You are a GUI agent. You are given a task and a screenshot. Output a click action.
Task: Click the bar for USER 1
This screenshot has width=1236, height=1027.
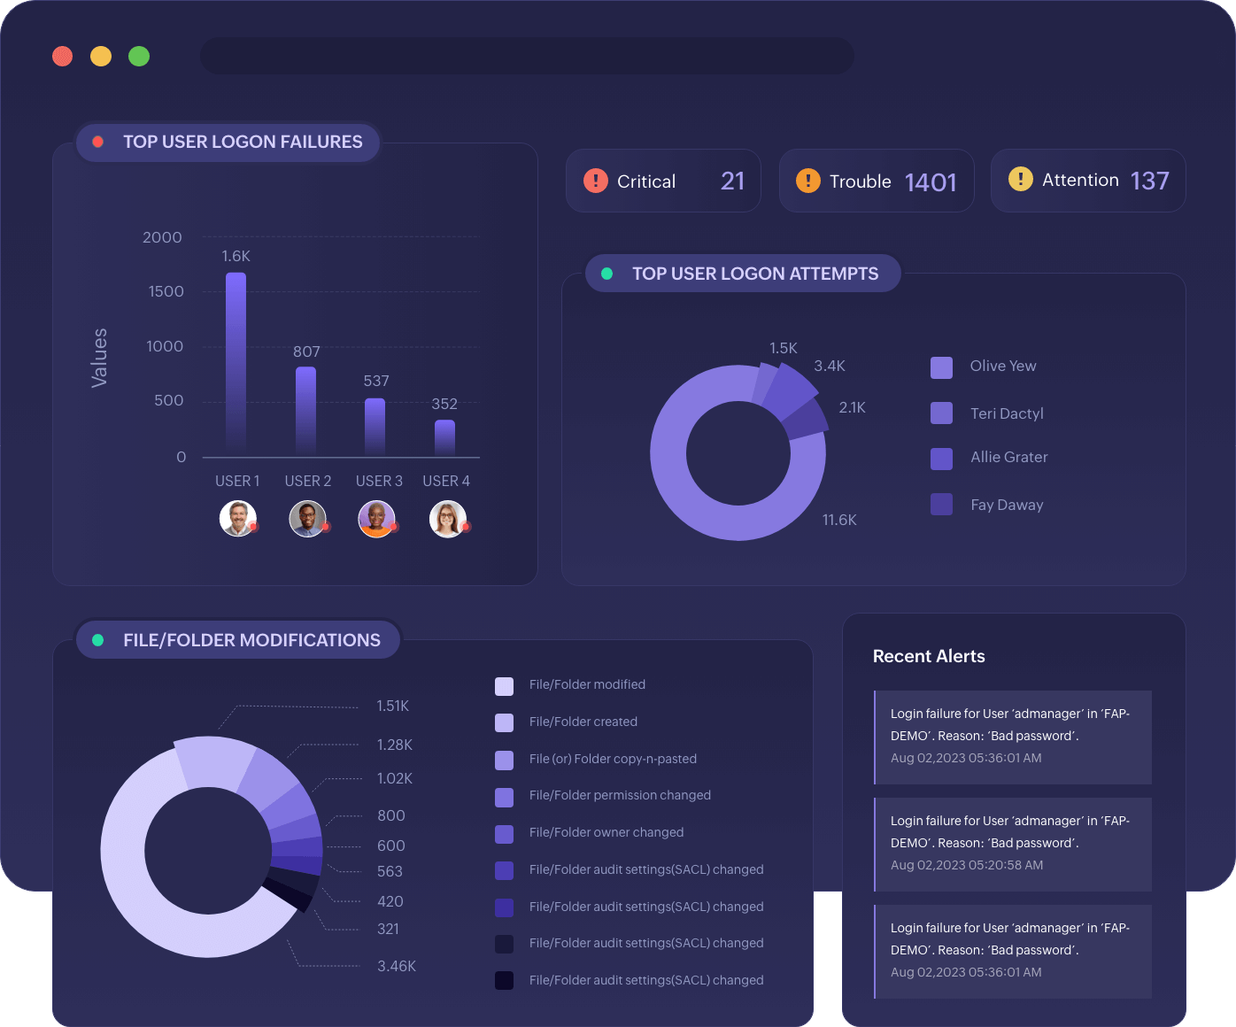click(236, 363)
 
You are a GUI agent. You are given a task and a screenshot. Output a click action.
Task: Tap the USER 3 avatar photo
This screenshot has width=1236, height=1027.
click(376, 519)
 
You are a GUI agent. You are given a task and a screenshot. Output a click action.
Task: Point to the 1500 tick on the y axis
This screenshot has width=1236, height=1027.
click(166, 291)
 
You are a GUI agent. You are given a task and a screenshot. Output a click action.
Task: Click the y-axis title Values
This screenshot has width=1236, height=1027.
click(99, 358)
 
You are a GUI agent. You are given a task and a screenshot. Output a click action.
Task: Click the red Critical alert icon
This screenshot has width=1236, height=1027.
click(596, 181)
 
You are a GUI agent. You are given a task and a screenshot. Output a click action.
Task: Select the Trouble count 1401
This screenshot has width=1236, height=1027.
click(931, 182)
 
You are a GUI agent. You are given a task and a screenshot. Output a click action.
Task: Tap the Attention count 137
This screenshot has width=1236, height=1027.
click(1149, 181)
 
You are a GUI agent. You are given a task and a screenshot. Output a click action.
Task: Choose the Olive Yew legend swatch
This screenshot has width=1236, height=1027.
click(941, 367)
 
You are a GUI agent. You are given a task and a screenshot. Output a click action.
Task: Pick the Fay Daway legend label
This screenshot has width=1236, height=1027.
click(1007, 505)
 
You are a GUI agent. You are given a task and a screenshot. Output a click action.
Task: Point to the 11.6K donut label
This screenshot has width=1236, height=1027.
click(838, 520)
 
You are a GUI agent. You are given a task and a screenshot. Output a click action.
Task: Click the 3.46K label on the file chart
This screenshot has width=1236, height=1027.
click(396, 966)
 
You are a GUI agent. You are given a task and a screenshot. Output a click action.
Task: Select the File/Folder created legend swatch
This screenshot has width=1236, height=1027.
click(504, 722)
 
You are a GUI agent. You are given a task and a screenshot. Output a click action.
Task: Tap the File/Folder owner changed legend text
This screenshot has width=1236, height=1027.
click(606, 832)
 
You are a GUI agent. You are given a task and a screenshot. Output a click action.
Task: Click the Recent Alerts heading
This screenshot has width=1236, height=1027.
click(929, 656)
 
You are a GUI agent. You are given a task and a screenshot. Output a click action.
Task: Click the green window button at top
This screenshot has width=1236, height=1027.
click(139, 57)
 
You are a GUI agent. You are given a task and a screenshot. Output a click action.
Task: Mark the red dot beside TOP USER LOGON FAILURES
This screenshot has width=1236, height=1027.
click(98, 142)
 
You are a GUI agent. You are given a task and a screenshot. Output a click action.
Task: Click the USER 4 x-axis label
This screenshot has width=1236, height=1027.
click(446, 481)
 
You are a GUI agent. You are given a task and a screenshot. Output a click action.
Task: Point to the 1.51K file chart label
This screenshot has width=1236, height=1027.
click(392, 706)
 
